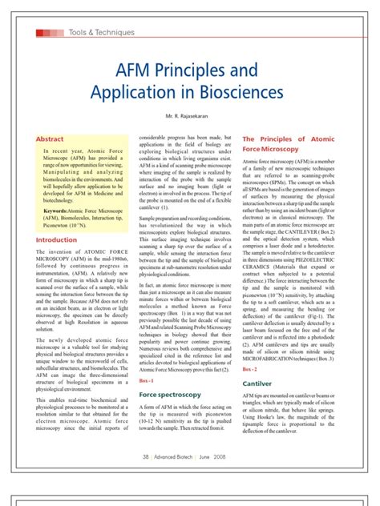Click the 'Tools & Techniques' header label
click(101, 32)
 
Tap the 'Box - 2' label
click(250, 369)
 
